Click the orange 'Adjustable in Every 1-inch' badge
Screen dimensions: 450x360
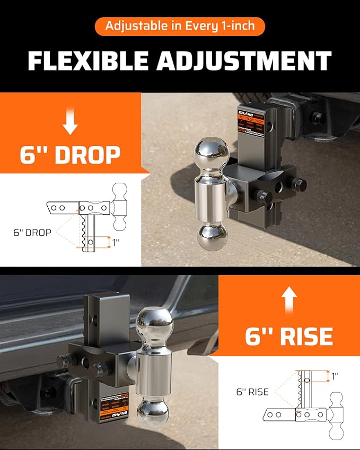(x=180, y=26)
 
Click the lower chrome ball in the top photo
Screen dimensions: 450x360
(x=212, y=236)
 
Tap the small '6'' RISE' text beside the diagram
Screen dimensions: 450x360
(x=252, y=392)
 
